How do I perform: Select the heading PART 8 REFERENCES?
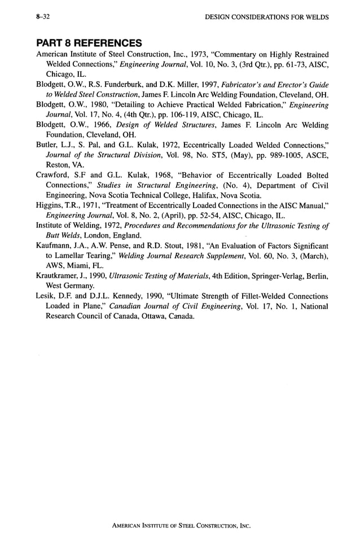point(89,43)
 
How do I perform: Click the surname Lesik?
point(46,296)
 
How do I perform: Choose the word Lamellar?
point(72,256)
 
